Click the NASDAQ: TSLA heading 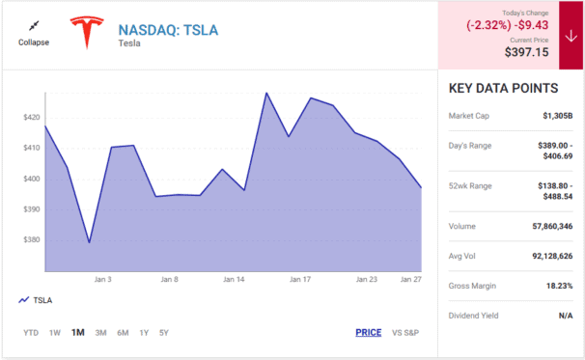click(168, 29)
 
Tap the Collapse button click(34, 34)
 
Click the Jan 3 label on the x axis click(103, 279)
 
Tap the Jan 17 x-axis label click(300, 279)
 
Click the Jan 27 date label click(412, 279)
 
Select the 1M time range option click(77, 333)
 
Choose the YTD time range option click(32, 333)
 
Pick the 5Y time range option click(164, 333)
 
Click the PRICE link click(368, 333)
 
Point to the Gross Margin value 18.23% click(556, 287)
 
